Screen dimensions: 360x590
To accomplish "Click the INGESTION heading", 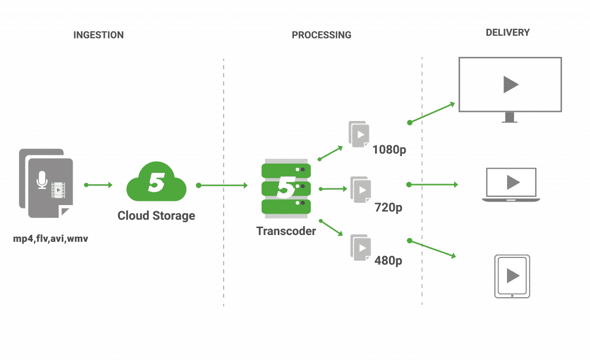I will [x=98, y=35].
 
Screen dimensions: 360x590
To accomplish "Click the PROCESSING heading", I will [x=321, y=35].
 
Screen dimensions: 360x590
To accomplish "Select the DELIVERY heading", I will [x=507, y=33].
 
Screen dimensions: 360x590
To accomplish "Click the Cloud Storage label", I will [x=156, y=216].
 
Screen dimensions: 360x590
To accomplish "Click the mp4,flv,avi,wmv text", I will [x=51, y=237].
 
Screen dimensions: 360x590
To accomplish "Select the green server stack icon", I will [x=286, y=188].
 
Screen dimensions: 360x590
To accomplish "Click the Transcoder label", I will [x=286, y=231].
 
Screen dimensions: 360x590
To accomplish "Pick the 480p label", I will [x=388, y=260].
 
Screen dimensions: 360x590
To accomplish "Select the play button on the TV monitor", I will [x=510, y=85].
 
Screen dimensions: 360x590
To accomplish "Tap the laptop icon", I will [x=511, y=184].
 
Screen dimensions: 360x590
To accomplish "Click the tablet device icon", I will [x=512, y=276].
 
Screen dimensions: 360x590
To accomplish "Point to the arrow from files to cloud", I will [x=99, y=185].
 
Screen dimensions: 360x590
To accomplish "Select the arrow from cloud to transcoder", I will [x=222, y=186].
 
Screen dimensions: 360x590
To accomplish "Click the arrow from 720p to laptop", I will [x=432, y=185].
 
